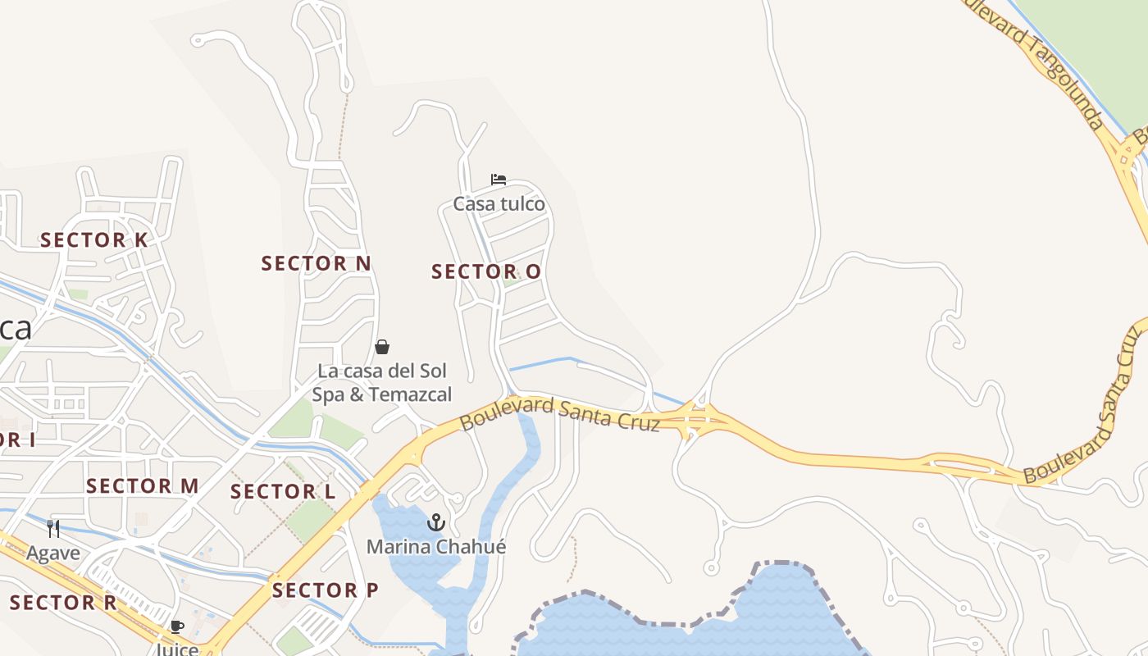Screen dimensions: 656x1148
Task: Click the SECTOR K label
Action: [94, 240]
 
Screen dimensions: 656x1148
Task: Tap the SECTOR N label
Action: [316, 263]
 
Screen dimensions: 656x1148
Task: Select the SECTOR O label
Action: [486, 271]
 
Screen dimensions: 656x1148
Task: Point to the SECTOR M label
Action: [142, 486]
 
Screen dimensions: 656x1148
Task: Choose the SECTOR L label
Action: [283, 492]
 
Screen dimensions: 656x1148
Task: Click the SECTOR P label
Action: [325, 590]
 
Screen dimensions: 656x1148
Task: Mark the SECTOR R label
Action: [63, 604]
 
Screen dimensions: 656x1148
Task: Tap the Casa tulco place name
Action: [499, 204]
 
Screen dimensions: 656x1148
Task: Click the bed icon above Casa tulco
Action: [498, 180]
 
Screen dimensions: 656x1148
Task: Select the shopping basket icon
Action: [381, 347]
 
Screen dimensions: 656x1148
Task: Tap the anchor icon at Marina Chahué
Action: [435, 522]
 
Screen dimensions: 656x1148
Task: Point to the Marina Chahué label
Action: [435, 546]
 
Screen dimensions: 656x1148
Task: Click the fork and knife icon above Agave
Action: [53, 528]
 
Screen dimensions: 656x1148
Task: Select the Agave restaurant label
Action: [53, 553]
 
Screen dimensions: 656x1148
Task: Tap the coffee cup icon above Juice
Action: [176, 627]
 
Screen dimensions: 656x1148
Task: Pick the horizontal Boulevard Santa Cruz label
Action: [559, 413]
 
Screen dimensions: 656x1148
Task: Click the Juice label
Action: [177, 649]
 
